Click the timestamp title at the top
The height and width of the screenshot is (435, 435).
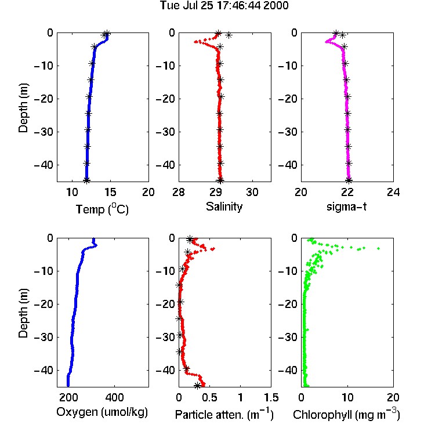coord(224,5)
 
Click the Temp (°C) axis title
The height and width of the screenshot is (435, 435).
coord(102,209)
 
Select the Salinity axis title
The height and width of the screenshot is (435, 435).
coord(224,206)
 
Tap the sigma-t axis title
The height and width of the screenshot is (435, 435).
coord(346,206)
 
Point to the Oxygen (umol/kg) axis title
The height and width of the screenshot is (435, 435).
coord(102,412)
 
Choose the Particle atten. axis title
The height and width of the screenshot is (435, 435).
coord(224,414)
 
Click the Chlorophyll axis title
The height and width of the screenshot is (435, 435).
coord(346,414)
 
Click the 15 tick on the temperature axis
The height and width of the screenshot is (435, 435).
coord(110,192)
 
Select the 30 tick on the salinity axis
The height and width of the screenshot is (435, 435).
coord(252,192)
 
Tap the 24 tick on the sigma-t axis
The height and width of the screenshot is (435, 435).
coord(393,192)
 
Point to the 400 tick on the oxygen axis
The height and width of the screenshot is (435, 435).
coord(114,397)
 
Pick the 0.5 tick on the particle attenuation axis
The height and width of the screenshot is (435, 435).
coord(209,397)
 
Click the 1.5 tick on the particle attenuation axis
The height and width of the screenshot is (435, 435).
coord(271,397)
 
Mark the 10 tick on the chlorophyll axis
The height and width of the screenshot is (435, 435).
coord(347,397)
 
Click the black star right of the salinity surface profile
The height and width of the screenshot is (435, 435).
coord(229,35)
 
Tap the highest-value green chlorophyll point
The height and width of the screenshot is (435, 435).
coord(378,248)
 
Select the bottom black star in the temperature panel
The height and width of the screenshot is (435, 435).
coord(86,180)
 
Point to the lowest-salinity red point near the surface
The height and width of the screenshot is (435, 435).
coord(195,42)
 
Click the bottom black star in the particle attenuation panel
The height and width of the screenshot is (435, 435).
coord(197,385)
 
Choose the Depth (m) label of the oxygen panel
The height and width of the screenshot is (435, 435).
coord(23,313)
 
